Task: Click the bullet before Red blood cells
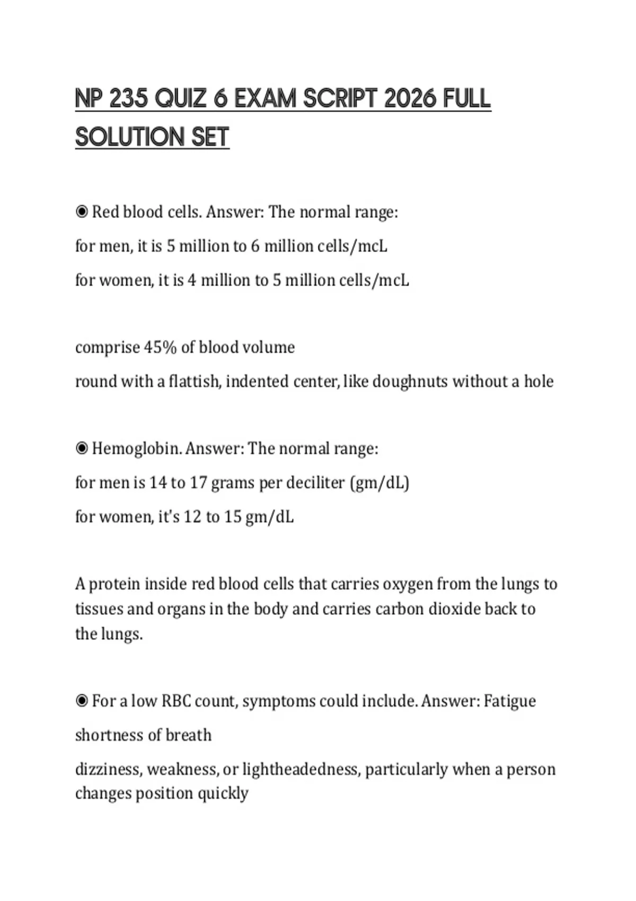click(82, 212)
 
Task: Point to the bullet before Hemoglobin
click(82, 449)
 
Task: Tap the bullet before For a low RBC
click(82, 701)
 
